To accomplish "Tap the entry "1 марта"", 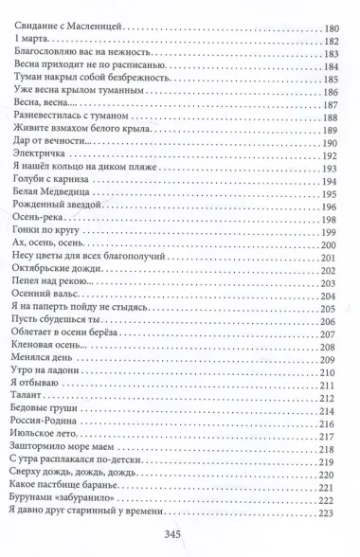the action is [32, 38].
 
